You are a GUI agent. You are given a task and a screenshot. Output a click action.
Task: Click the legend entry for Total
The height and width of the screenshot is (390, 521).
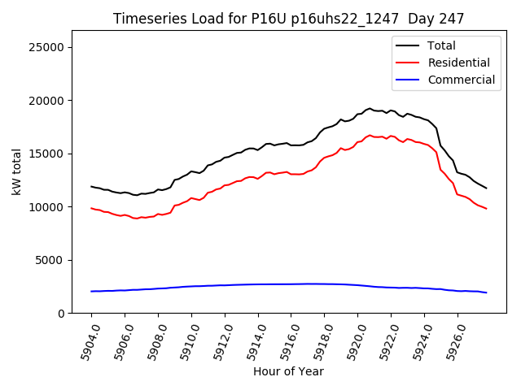coord(441,45)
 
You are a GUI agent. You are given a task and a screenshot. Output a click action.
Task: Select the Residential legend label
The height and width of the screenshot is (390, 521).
coord(458,63)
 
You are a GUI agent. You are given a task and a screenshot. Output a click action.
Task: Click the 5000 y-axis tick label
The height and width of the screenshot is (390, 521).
coord(50,260)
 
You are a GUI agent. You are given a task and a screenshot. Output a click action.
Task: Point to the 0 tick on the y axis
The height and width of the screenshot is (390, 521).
coord(61,314)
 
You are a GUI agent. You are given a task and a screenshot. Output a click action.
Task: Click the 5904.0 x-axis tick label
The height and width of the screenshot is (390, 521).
coord(85,341)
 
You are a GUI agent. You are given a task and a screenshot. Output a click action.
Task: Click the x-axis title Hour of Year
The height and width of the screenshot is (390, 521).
coord(288,371)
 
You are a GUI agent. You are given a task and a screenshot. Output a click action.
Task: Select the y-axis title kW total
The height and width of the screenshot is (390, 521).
coord(16,171)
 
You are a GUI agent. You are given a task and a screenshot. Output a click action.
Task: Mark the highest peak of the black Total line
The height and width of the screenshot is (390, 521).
coord(370,108)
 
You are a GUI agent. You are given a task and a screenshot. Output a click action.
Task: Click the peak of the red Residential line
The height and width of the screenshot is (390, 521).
coord(370,136)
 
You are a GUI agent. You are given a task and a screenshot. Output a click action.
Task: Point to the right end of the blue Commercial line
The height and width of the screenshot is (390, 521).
coord(486,292)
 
